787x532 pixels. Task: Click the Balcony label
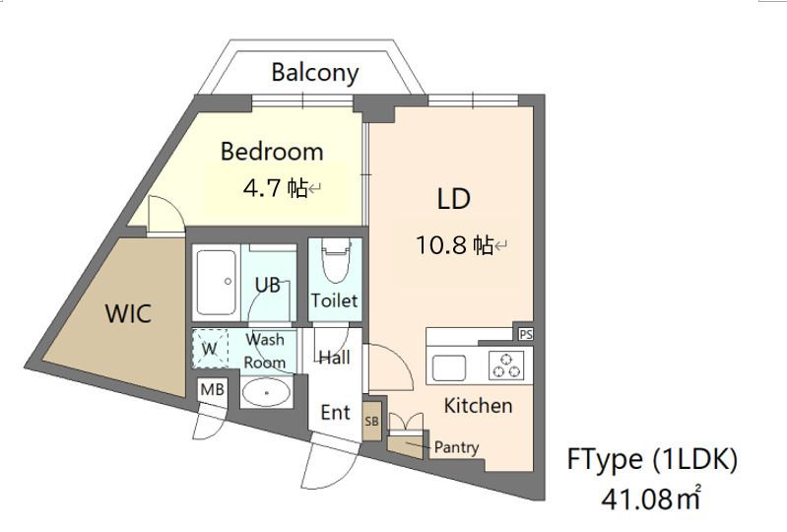click(315, 73)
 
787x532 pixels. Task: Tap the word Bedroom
click(272, 151)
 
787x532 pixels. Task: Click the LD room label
click(454, 199)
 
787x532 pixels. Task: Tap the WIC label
click(128, 313)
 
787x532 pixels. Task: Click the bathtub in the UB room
click(216, 282)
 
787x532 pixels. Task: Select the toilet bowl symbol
click(336, 261)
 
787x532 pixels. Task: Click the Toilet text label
click(334, 300)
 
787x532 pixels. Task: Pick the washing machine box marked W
click(210, 349)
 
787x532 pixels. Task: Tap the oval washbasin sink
click(267, 392)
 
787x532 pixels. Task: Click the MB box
click(213, 389)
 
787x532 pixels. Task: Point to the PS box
click(526, 334)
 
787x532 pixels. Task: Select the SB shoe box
click(372, 421)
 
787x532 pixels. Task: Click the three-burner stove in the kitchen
click(506, 365)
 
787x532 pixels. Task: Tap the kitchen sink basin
click(449, 367)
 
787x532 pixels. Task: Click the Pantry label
click(456, 446)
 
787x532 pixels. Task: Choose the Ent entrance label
click(335, 413)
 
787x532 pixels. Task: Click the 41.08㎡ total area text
click(651, 498)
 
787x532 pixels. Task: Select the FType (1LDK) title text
click(652, 459)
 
